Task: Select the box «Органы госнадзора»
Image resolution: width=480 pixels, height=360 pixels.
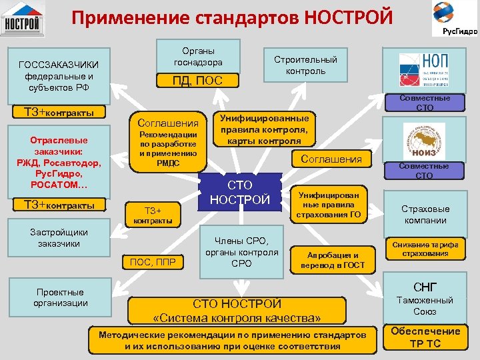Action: [x=198, y=57]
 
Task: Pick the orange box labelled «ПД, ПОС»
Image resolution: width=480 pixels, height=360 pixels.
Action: [x=197, y=81]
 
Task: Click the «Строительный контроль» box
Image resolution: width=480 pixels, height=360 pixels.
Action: [x=305, y=65]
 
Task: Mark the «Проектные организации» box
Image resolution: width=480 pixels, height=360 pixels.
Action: [x=61, y=297]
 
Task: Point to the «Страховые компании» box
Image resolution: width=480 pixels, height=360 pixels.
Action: [x=425, y=214]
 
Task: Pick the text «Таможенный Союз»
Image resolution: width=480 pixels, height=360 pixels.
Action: [x=425, y=306]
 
